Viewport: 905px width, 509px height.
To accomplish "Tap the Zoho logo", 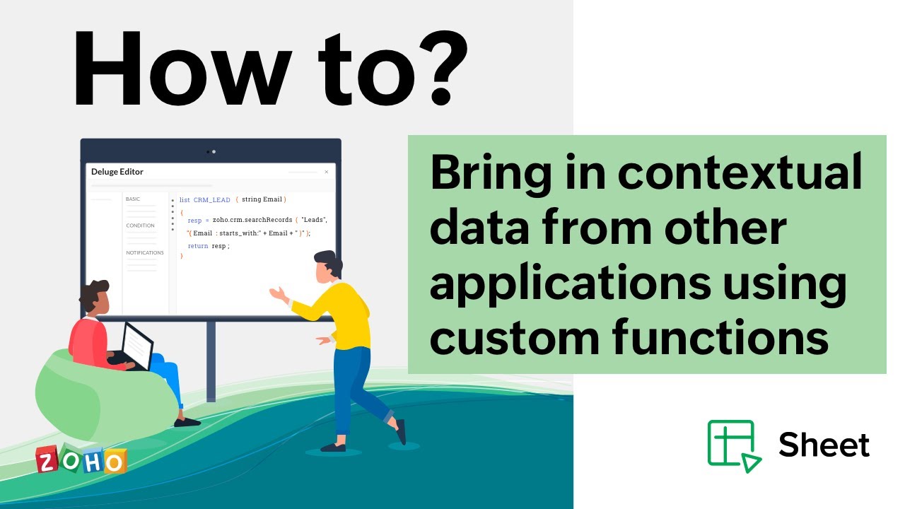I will pos(81,460).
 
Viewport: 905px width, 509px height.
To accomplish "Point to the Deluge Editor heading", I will pos(117,172).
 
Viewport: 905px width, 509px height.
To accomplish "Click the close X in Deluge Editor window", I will pos(326,172).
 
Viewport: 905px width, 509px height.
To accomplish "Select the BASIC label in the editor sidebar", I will pos(133,199).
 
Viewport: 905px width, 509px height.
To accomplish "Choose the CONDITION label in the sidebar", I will pos(140,226).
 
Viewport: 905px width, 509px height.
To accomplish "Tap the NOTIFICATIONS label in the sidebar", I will pos(145,252).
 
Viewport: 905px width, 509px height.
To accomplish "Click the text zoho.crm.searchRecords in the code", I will pos(252,220).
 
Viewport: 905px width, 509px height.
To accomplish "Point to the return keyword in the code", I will pos(198,245).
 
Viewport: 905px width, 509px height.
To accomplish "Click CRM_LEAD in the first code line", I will pos(211,200).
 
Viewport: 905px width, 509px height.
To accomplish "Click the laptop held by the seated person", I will pos(138,346).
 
